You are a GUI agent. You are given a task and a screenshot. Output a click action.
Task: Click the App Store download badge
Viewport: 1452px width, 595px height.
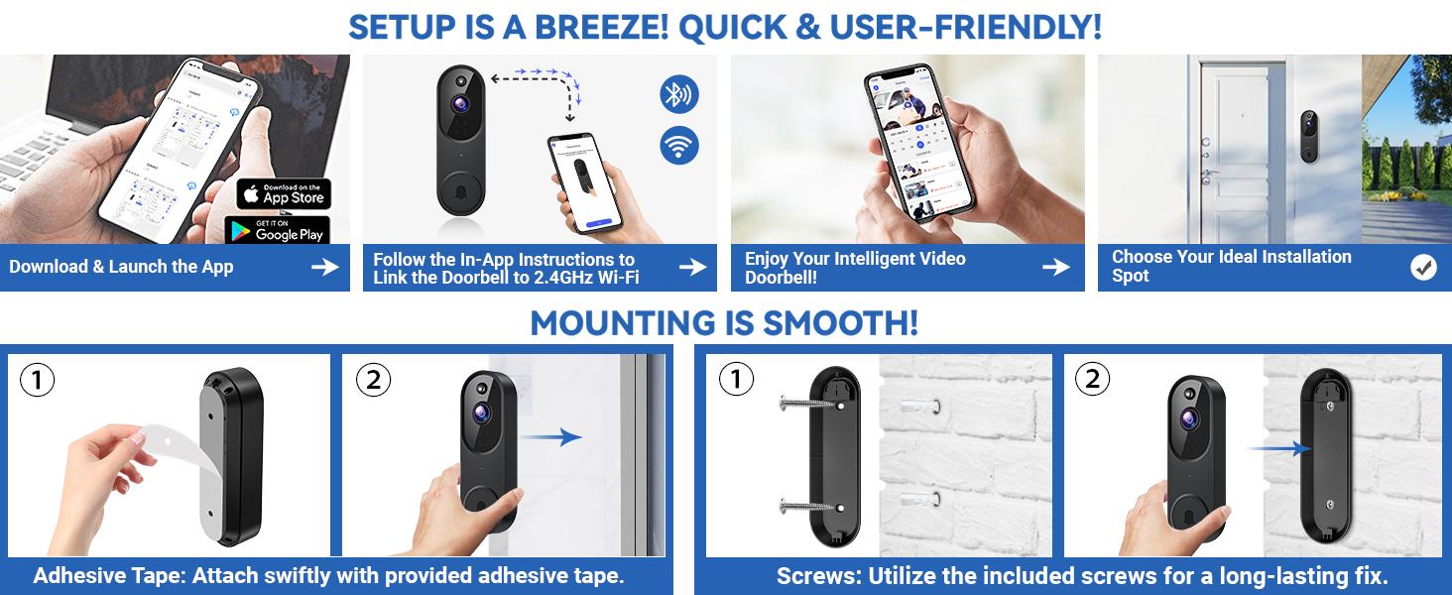pyautogui.click(x=284, y=193)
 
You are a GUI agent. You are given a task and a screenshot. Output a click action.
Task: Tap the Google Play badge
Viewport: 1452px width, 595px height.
pyautogui.click(x=278, y=230)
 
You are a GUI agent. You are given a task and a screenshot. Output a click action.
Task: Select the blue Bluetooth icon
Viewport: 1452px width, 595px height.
pyautogui.click(x=679, y=95)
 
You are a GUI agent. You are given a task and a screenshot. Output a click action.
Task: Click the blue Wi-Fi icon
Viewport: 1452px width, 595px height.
pyautogui.click(x=679, y=146)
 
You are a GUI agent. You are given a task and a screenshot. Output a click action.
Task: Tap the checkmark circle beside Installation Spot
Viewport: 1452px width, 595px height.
pyautogui.click(x=1423, y=267)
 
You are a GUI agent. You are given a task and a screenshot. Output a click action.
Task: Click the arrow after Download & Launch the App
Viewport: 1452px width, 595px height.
pyautogui.click(x=324, y=267)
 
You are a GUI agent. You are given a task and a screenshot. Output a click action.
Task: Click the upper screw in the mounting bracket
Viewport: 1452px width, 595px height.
pyautogui.click(x=808, y=404)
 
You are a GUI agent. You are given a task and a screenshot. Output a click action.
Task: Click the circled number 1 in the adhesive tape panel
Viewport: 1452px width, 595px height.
pyautogui.click(x=37, y=381)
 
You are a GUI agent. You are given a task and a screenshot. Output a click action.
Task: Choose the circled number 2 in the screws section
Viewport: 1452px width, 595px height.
pyautogui.click(x=1092, y=379)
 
